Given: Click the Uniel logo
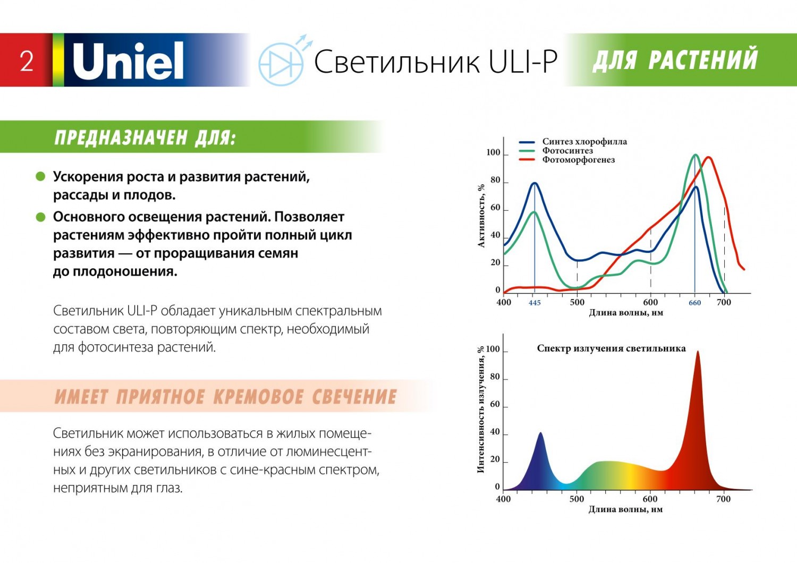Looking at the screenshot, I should (128, 61).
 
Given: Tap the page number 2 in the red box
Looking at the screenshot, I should (27, 61).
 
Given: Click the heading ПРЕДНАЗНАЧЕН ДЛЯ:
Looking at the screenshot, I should (145, 138).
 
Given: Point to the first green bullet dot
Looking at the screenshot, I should (40, 176).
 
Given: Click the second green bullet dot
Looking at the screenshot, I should (40, 217).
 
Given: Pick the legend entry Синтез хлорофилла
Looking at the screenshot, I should (584, 142).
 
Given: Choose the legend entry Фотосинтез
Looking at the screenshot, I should (567, 151).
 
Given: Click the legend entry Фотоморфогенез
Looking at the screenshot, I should (578, 160).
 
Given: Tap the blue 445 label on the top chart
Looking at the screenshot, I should (535, 303).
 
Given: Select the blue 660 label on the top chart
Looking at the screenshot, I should (695, 303).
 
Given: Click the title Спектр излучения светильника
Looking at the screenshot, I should (611, 348).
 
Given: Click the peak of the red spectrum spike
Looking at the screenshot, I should (698, 352).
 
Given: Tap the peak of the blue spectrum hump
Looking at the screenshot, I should (541, 433).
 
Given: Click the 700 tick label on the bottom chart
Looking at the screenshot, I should (723, 499).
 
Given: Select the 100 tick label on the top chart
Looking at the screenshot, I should (493, 153).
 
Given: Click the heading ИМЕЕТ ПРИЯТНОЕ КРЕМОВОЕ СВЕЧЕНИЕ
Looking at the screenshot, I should (226, 397).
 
